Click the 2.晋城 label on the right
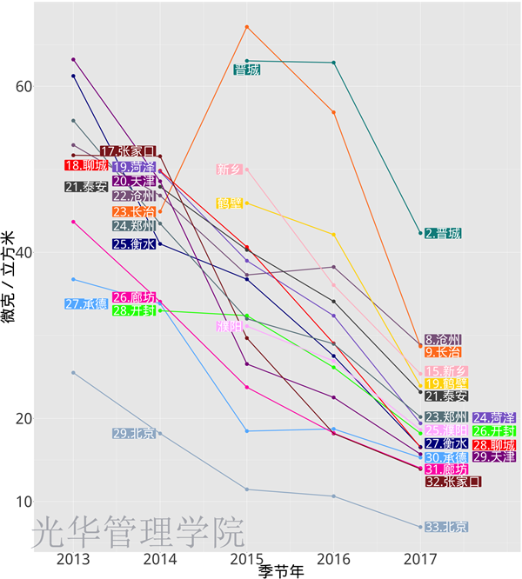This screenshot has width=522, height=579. [443, 234]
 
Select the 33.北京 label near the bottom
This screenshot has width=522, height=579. [446, 527]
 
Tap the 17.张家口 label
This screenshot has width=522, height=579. [128, 151]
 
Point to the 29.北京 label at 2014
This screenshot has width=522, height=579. [134, 434]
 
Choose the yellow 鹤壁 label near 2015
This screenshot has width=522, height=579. [230, 203]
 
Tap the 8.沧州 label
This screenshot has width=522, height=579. [443, 340]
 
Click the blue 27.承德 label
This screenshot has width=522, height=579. [86, 304]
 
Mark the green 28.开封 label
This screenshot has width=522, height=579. [134, 310]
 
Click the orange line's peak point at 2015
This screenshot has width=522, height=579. [247, 27]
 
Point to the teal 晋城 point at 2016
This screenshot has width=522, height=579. [334, 63]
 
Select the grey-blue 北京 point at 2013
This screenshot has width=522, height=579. [73, 373]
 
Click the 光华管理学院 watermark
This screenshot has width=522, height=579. [138, 531]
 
